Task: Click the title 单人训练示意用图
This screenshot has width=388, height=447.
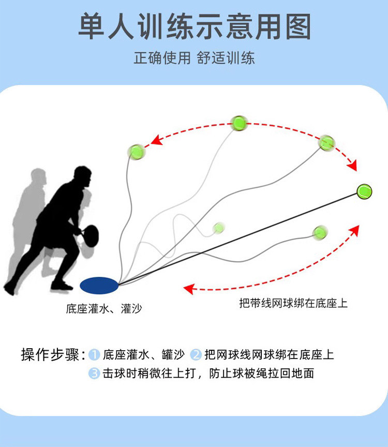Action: tap(195, 27)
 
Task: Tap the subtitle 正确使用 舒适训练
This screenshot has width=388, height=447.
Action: tap(195, 57)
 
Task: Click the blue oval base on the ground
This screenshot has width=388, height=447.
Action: tap(99, 284)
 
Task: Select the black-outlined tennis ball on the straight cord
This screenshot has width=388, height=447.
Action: tap(364, 191)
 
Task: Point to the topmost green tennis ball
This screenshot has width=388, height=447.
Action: tap(239, 123)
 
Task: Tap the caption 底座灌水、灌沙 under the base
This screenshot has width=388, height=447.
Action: tap(104, 309)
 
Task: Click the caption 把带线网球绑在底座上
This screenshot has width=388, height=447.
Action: tap(293, 303)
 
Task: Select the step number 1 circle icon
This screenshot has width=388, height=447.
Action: tap(94, 355)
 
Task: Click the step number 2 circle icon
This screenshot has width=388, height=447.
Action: tap(196, 355)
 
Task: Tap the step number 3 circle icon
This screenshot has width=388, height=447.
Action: tap(94, 373)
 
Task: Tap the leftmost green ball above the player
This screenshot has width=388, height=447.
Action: tap(136, 152)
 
